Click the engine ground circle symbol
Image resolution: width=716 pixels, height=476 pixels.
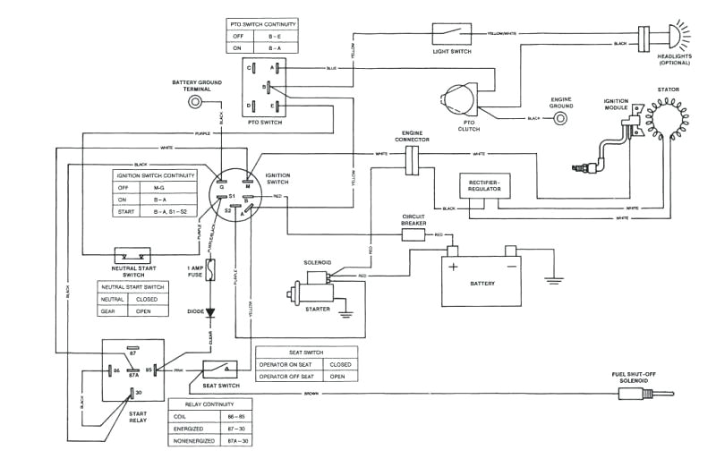tap(561, 117)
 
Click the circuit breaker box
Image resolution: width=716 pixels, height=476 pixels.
tap(413, 234)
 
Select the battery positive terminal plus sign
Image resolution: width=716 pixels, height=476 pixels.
tap(454, 266)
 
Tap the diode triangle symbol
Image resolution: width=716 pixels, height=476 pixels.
tap(211, 313)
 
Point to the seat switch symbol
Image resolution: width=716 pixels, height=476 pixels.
tap(218, 369)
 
